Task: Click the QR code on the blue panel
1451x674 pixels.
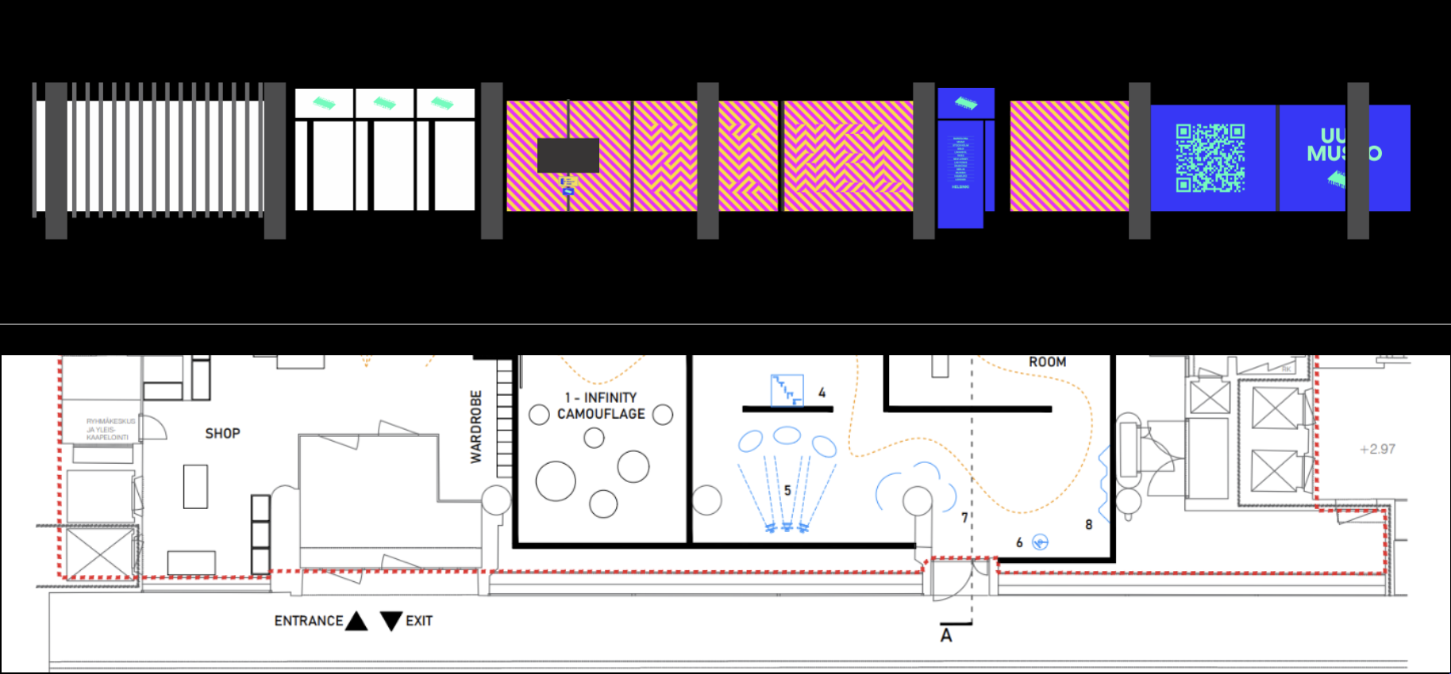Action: point(1210,158)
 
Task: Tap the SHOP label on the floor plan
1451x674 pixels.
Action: point(222,434)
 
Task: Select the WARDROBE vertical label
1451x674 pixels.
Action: point(476,427)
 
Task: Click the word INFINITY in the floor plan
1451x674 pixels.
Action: point(610,397)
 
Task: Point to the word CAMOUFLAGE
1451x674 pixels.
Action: point(601,414)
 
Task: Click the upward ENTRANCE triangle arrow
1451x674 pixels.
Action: point(356,620)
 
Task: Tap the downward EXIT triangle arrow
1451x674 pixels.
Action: point(391,620)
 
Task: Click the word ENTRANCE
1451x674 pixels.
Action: point(309,621)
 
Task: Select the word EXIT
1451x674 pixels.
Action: point(419,621)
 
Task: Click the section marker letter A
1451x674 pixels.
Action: point(946,636)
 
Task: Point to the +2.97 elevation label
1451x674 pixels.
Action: point(1377,449)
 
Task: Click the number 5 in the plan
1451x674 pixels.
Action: point(787,490)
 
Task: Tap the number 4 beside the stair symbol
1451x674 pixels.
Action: point(822,393)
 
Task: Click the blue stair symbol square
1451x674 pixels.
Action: point(787,390)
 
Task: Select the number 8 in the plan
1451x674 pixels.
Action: point(1089,524)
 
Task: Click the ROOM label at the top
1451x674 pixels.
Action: point(1047,362)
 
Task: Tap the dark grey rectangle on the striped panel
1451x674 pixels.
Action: point(568,155)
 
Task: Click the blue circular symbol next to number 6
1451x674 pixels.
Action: point(1040,542)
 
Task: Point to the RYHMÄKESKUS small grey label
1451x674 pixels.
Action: point(110,429)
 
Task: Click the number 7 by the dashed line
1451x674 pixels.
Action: point(964,518)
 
